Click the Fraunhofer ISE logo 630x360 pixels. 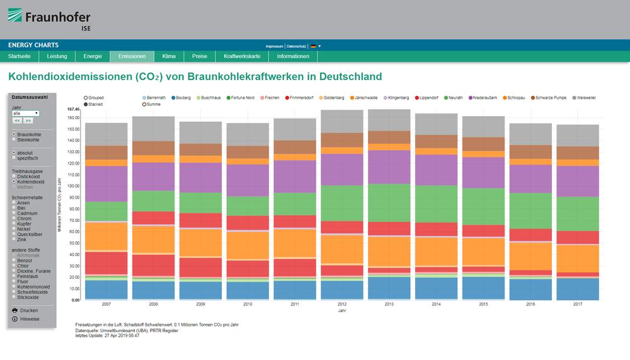tap(49, 20)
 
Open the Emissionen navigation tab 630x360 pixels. tap(132, 56)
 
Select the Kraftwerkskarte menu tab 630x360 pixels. tap(242, 56)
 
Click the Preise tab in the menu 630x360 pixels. tap(199, 56)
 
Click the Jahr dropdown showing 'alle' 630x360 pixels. tap(25, 113)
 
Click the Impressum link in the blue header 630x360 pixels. tap(274, 46)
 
